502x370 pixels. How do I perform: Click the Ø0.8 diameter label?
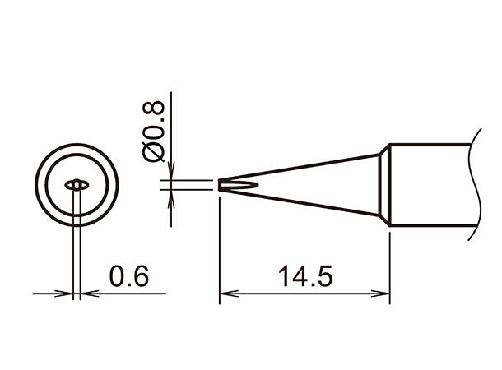(x=153, y=132)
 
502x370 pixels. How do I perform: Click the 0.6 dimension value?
(x=129, y=275)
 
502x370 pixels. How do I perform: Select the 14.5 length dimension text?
(x=305, y=275)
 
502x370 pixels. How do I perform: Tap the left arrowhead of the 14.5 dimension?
(x=229, y=294)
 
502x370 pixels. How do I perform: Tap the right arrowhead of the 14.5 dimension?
(x=380, y=294)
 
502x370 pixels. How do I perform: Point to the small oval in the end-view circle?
(x=77, y=185)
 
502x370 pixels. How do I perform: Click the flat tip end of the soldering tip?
(x=220, y=185)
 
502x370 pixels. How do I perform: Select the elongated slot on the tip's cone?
(x=239, y=185)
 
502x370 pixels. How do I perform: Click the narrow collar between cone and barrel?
(x=384, y=185)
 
